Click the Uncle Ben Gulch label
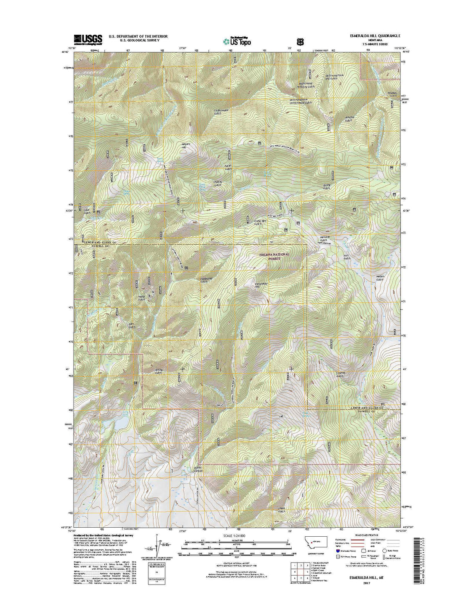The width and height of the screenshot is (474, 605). (258, 222)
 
